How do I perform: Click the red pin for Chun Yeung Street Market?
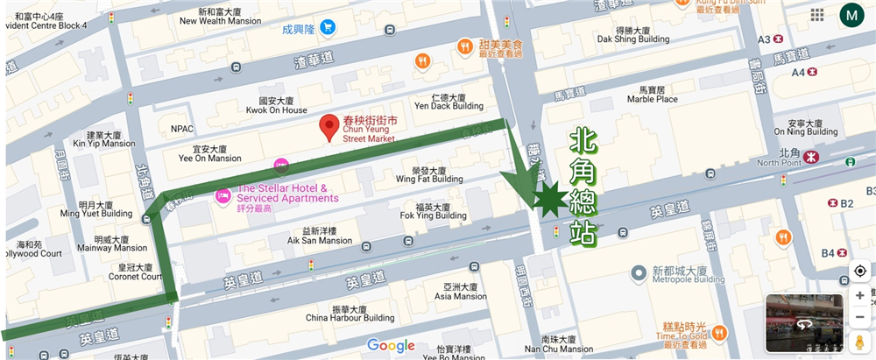(x=329, y=127)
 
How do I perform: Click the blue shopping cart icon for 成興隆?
(x=328, y=27)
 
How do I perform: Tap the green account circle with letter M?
(x=851, y=15)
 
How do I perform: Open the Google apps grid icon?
(x=816, y=15)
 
